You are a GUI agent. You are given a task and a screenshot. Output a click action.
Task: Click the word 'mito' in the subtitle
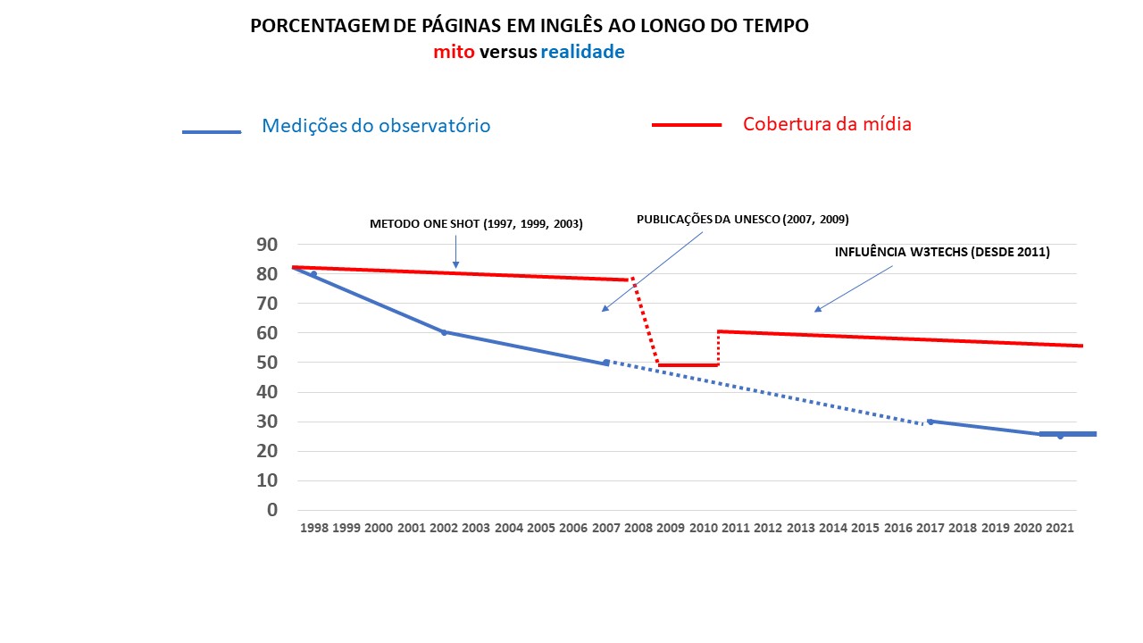tap(455, 52)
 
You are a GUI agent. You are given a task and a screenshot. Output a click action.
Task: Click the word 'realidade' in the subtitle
tap(582, 52)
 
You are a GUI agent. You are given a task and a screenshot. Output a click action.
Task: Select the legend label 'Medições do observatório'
tap(376, 126)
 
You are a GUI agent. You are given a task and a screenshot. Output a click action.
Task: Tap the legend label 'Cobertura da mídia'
tap(827, 124)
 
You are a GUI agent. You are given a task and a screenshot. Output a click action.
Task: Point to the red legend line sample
tap(687, 125)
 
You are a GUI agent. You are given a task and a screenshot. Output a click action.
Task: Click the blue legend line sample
tap(212, 132)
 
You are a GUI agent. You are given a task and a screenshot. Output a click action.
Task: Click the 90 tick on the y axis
tap(267, 245)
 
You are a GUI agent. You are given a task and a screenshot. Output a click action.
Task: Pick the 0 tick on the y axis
tap(272, 510)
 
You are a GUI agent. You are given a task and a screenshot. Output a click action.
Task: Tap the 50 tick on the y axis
tap(267, 363)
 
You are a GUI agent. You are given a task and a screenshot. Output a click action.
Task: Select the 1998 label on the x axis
tap(314, 528)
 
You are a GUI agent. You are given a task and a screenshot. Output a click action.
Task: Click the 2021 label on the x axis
tap(1059, 528)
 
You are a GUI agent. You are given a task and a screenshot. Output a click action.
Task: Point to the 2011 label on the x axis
tap(735, 528)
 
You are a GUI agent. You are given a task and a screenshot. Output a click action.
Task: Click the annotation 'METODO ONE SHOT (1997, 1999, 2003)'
tap(476, 224)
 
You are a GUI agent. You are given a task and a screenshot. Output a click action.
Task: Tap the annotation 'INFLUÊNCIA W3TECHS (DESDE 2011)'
tap(942, 253)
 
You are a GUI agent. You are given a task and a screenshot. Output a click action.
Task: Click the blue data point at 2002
tap(444, 332)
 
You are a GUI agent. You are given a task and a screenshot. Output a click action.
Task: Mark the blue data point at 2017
tap(930, 422)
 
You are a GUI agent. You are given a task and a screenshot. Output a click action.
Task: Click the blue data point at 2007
tap(606, 363)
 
